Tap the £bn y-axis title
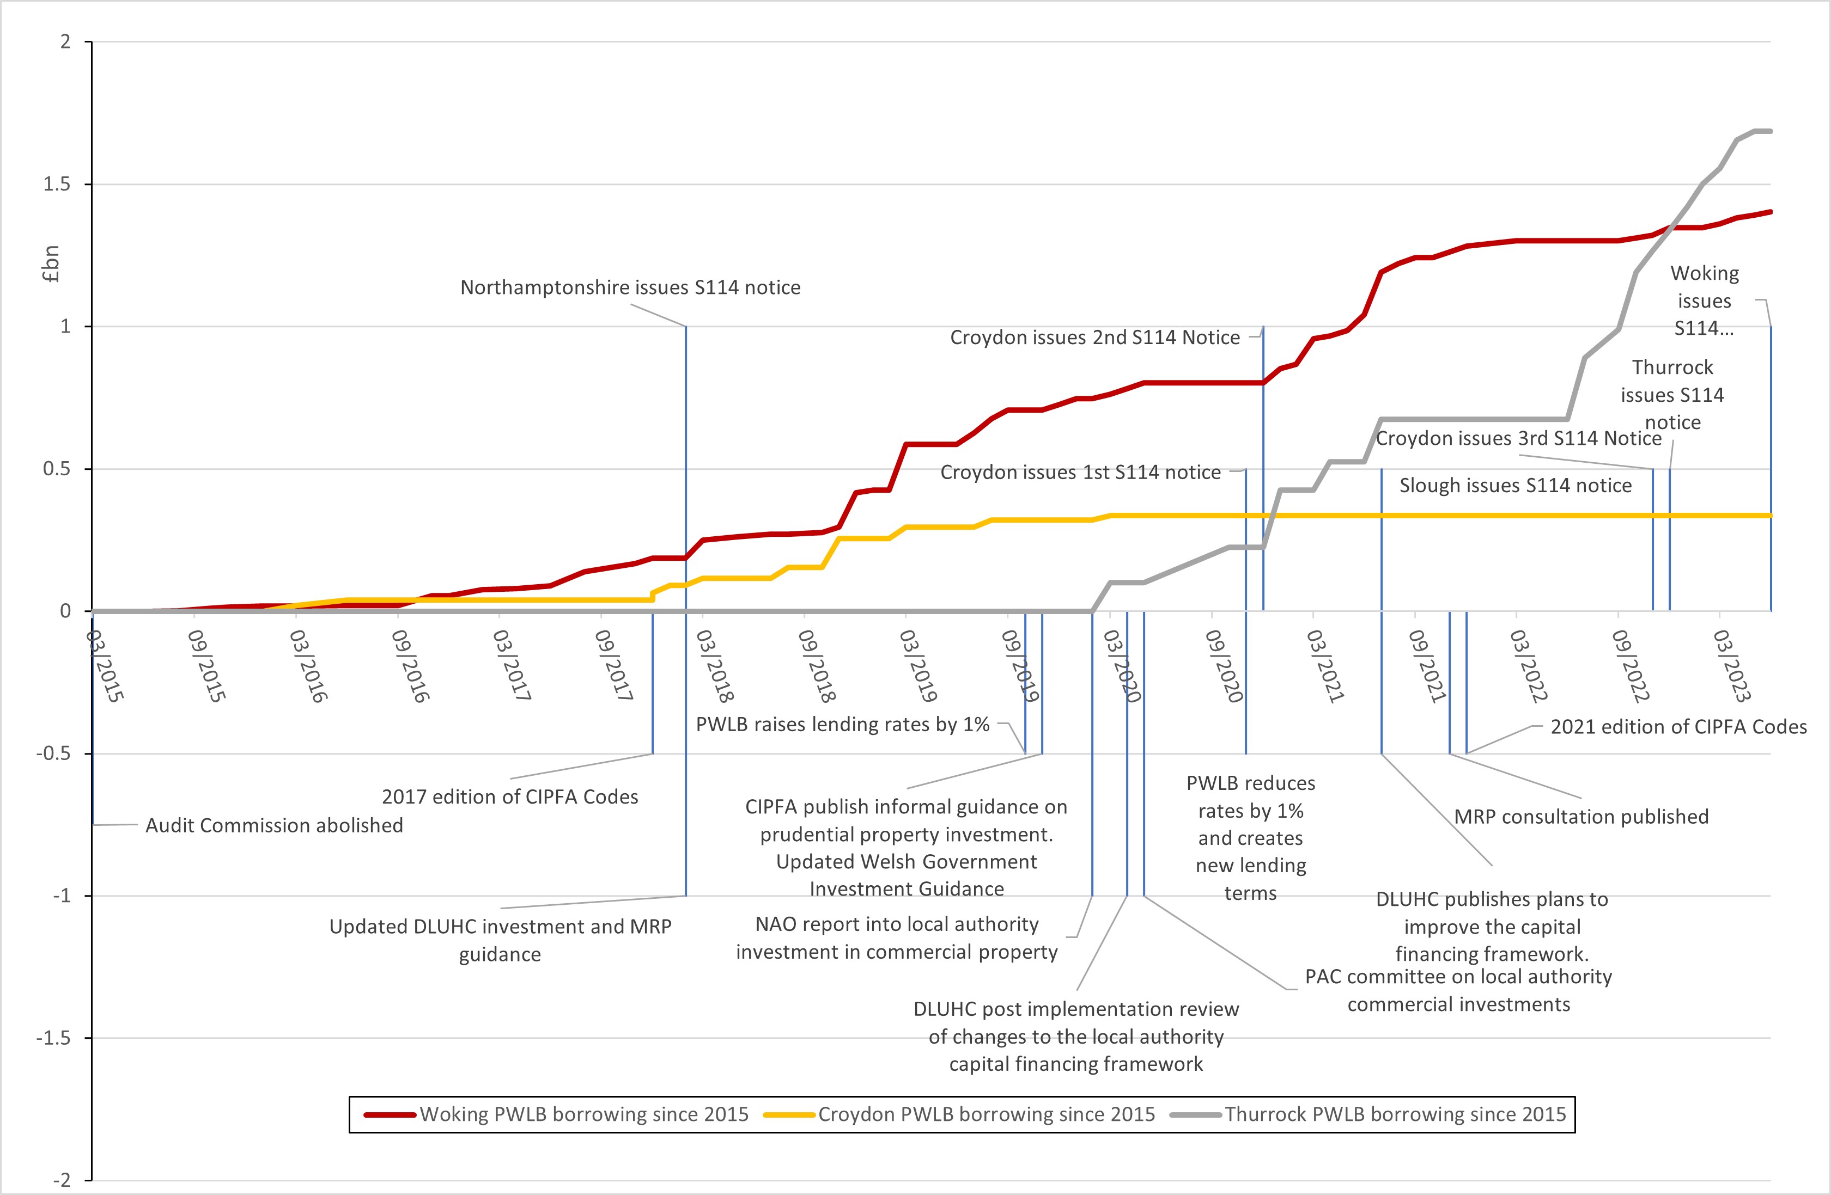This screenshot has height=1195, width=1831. pyautogui.click(x=51, y=263)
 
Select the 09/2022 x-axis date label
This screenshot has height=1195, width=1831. pyautogui.click(x=1629, y=666)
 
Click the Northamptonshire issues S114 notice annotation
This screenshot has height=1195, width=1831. pyautogui.click(x=630, y=287)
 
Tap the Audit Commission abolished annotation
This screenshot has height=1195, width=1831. pyautogui.click(x=274, y=825)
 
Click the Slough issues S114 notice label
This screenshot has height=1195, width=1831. pyautogui.click(x=1515, y=485)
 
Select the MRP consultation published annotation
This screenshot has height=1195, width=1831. pyautogui.click(x=1581, y=817)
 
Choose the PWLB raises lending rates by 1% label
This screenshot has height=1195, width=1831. pyautogui.click(x=842, y=725)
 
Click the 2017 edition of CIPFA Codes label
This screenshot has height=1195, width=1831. pyautogui.click(x=510, y=796)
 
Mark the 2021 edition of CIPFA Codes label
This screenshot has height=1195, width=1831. pyautogui.click(x=1678, y=727)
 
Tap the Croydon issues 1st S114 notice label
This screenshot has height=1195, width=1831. pyautogui.click(x=1080, y=472)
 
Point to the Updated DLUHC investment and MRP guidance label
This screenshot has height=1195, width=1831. pyautogui.click(x=500, y=940)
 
